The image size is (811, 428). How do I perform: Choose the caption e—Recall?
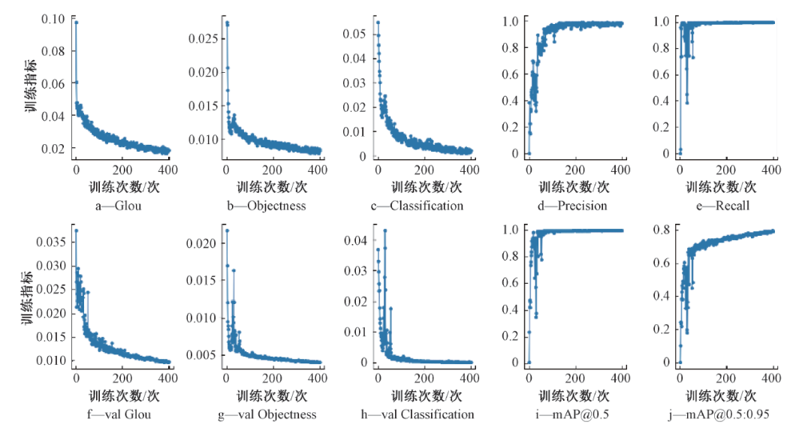tap(723, 206)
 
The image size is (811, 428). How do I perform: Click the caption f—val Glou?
tap(121, 414)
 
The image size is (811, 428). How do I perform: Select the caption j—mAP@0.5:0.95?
tap(723, 414)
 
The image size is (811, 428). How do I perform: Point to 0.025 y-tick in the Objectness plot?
tap(201, 38)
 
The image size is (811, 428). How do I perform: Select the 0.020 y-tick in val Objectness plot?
tap(201, 243)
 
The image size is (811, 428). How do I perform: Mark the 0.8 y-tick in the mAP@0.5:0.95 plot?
tap(662, 229)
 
